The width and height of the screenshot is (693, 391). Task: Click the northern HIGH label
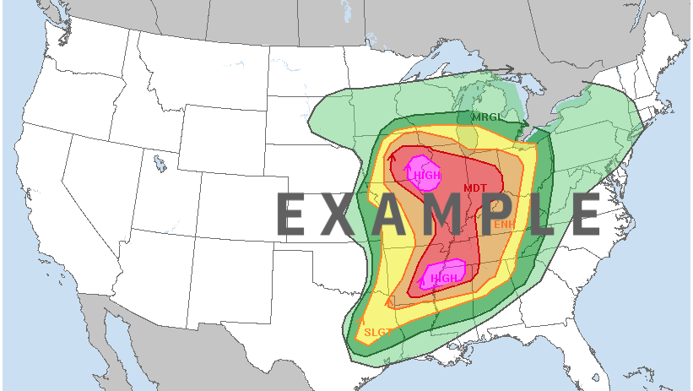[x=428, y=175]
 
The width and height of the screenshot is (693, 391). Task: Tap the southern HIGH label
[x=445, y=278]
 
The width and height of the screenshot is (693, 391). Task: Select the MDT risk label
[x=475, y=187]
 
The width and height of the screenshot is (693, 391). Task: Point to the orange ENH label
[x=504, y=224]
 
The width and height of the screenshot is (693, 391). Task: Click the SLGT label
[x=377, y=332]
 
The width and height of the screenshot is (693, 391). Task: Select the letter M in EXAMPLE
[x=444, y=215]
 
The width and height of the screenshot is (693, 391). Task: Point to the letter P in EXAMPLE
[x=494, y=215]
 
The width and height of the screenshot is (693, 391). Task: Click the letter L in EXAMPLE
[x=538, y=215]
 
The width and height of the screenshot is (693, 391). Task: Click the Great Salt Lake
[x=158, y=162]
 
